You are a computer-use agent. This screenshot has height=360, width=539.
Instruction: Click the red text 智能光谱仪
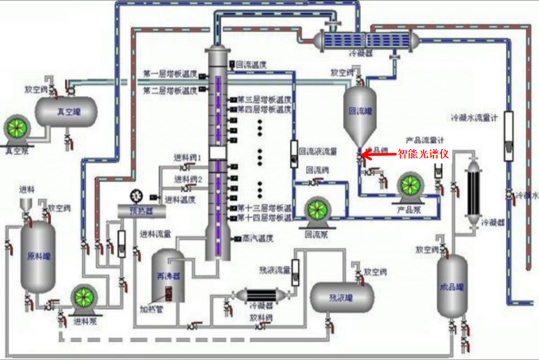[x=424, y=154]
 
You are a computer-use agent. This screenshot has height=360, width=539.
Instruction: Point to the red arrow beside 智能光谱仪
[x=379, y=155]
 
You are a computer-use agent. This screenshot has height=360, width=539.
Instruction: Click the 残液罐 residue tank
[x=341, y=297]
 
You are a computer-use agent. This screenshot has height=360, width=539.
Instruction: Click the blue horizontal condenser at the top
[x=367, y=40]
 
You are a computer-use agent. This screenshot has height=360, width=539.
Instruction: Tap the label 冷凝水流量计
[x=475, y=117]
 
